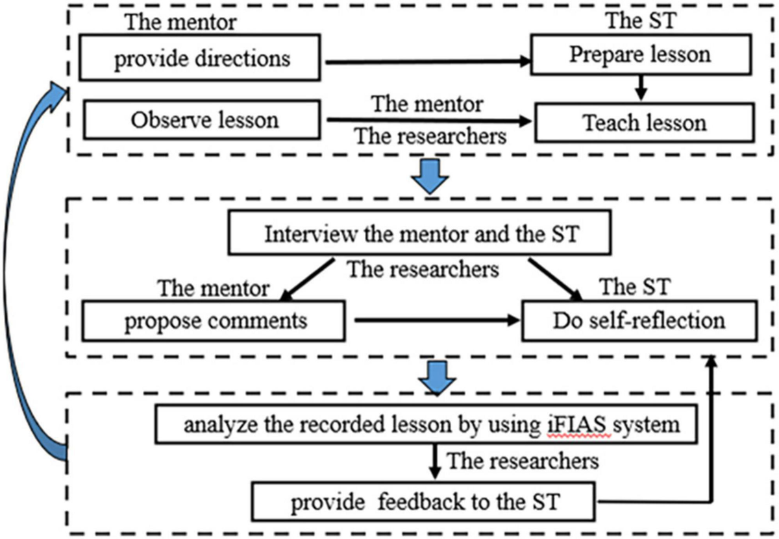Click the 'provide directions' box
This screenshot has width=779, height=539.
point(201,59)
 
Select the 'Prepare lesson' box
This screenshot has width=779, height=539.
point(639,54)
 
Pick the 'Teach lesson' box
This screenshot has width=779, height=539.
point(644,122)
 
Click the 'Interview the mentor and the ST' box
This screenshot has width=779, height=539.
point(419,234)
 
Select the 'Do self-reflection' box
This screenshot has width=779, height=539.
point(639,320)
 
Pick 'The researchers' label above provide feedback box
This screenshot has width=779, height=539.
point(522,462)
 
